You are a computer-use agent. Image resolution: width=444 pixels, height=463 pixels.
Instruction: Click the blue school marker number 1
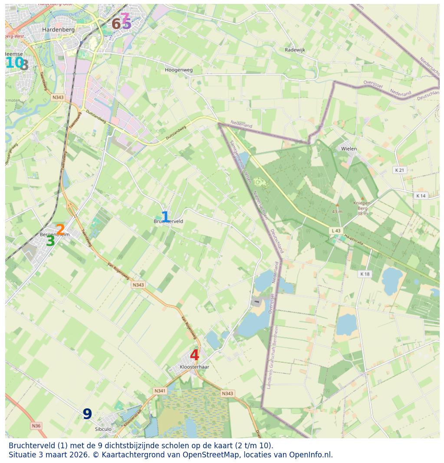(x=165, y=217)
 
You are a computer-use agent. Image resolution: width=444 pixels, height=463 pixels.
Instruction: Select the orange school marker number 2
(x=60, y=230)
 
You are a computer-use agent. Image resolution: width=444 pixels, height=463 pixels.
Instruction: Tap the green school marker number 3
(x=50, y=241)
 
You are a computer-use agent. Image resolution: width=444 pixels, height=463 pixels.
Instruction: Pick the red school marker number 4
(x=194, y=355)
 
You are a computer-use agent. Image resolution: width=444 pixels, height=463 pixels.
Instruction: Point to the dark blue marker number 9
(x=87, y=414)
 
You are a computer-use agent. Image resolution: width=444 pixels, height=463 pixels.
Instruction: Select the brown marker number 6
(x=115, y=24)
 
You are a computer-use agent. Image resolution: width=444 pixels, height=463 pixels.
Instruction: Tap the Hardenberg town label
(x=59, y=30)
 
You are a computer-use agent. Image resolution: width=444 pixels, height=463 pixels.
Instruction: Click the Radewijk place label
(x=295, y=50)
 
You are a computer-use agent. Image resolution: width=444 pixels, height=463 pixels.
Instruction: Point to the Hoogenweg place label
(x=178, y=70)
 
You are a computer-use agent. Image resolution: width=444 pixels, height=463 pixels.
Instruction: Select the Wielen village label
(x=349, y=149)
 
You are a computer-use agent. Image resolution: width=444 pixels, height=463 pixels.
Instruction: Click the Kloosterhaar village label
(x=194, y=367)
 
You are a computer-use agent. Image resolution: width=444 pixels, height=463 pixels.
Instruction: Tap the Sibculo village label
(x=103, y=429)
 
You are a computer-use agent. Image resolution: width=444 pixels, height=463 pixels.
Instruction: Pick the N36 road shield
(x=36, y=426)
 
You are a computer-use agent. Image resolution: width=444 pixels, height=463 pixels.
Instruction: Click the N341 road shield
(x=160, y=391)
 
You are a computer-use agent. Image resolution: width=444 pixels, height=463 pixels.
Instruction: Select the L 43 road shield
(x=335, y=231)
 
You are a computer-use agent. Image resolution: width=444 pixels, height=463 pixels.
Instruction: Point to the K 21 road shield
(x=399, y=170)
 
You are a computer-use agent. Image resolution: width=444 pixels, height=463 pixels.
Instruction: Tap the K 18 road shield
(x=365, y=274)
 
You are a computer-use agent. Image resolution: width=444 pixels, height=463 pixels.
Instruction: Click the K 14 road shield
(x=421, y=196)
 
